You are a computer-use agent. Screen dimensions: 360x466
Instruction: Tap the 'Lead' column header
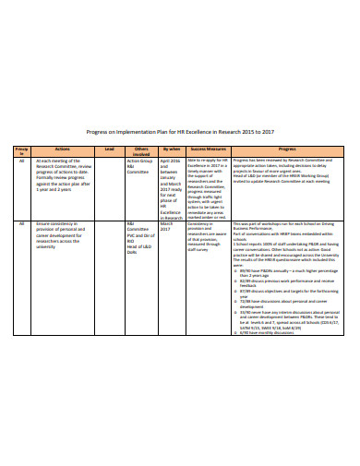pos(109,148)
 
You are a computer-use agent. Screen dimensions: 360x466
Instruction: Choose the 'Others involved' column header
pos(140,149)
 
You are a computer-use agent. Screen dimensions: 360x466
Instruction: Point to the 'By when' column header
pos(172,148)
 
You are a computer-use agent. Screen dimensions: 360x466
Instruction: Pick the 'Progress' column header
pos(287,148)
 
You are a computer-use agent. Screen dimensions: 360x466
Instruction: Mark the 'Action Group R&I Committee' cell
pos(140,165)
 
